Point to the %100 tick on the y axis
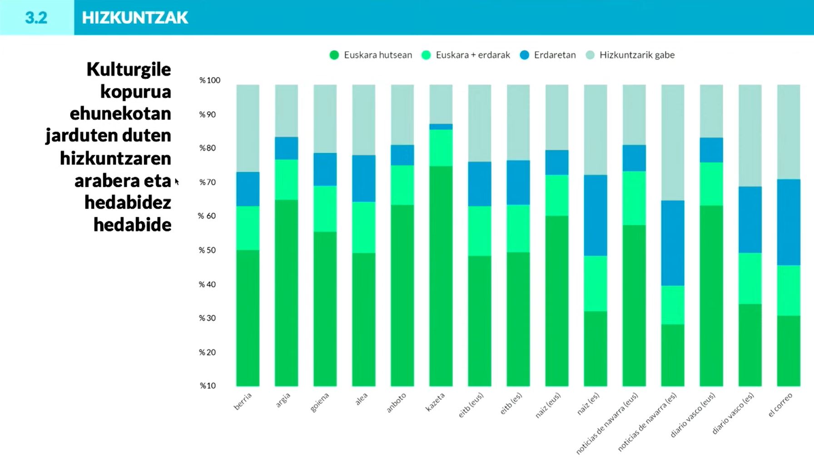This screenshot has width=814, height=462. (x=209, y=80)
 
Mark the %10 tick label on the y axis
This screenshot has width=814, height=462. (x=208, y=386)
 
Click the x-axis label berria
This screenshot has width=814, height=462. (x=243, y=402)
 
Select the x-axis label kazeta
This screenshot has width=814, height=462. (x=435, y=402)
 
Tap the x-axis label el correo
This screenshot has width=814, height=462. (x=780, y=405)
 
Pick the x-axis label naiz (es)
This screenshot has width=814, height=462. (x=588, y=404)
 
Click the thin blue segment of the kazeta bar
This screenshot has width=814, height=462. (x=441, y=127)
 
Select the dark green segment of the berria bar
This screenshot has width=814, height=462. (x=248, y=318)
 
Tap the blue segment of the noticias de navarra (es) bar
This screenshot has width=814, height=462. (x=672, y=243)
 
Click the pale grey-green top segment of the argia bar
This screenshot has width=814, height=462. (x=286, y=111)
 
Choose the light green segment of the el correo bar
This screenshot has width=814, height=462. (x=788, y=291)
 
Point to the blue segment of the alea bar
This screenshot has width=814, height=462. (x=363, y=179)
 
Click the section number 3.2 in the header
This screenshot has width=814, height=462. (x=36, y=18)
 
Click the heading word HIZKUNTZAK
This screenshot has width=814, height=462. (x=135, y=18)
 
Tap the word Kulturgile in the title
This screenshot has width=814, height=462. (x=129, y=70)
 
